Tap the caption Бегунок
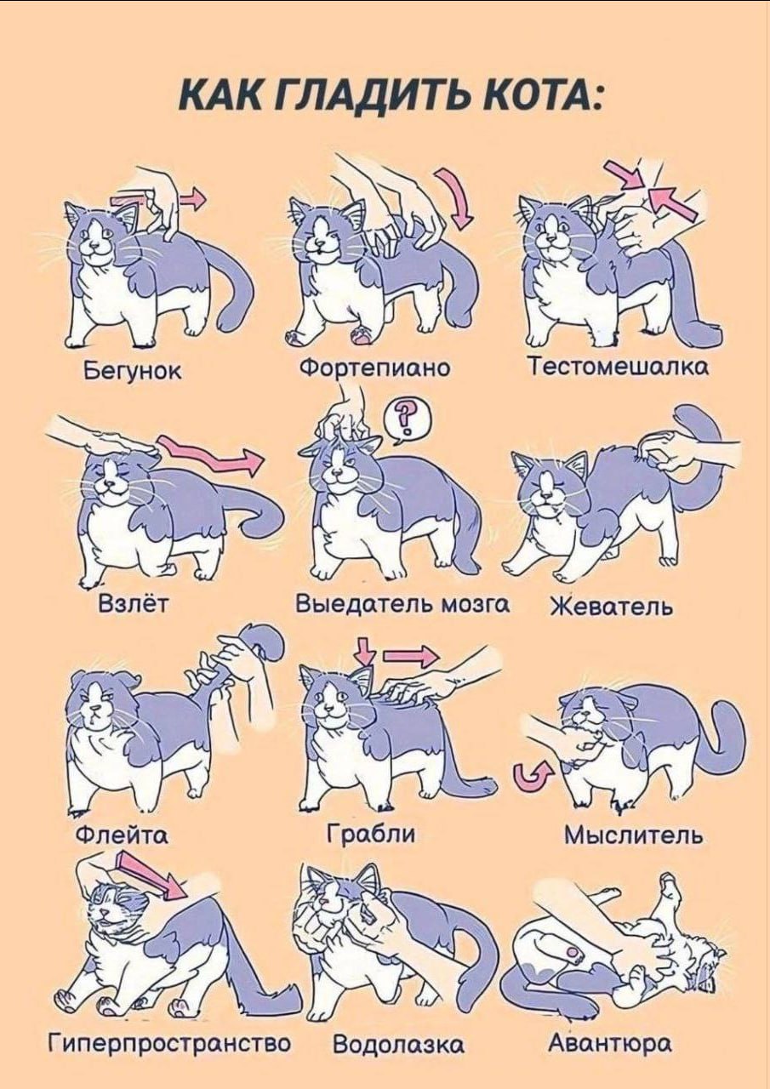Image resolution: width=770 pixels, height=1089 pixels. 132,371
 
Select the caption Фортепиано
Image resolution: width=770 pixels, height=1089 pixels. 374,368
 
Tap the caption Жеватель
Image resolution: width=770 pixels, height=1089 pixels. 611,607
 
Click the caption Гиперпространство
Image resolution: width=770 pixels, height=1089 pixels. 169,1043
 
